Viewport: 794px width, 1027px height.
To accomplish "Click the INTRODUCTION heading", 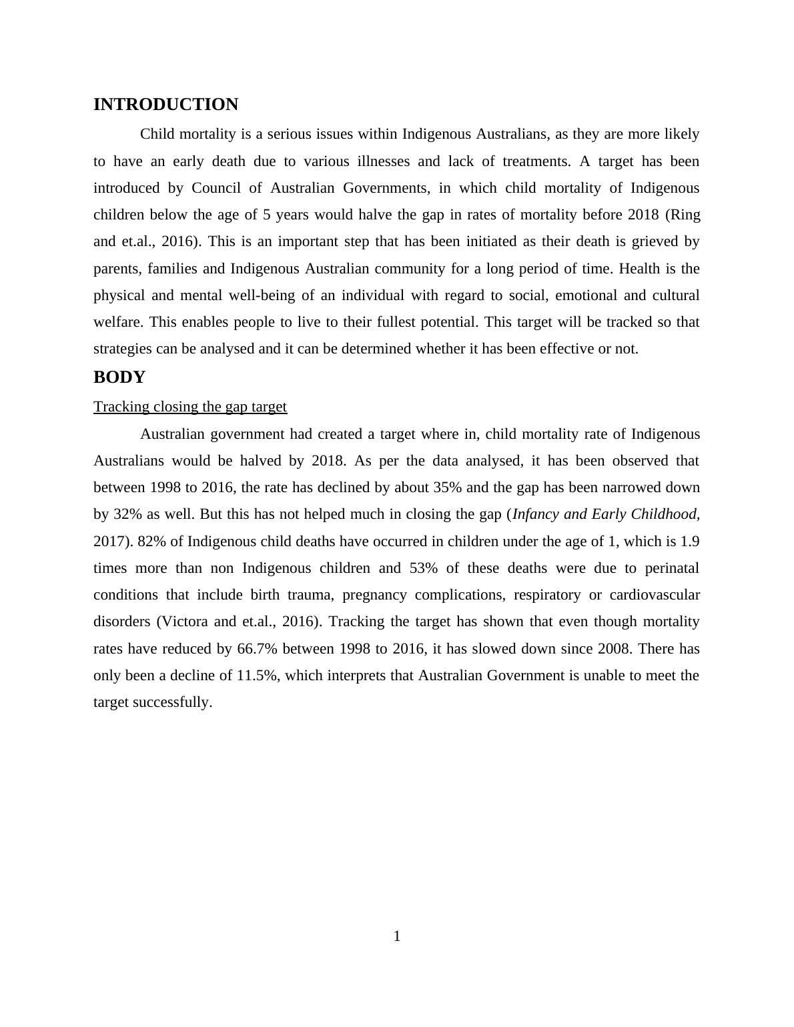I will point(165,105).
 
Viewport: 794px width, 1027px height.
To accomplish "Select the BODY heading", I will point(119,377).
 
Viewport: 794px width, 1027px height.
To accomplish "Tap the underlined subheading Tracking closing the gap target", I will point(190,407).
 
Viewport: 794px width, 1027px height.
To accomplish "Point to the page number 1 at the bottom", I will point(397,936).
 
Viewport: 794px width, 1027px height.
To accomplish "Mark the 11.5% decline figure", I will point(257,676).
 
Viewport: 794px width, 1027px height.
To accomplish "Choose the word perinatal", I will point(672,568).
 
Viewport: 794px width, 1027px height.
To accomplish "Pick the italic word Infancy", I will point(536,514).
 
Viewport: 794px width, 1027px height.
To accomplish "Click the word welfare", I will point(117,322).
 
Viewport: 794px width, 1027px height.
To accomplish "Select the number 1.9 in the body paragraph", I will point(689,542).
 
